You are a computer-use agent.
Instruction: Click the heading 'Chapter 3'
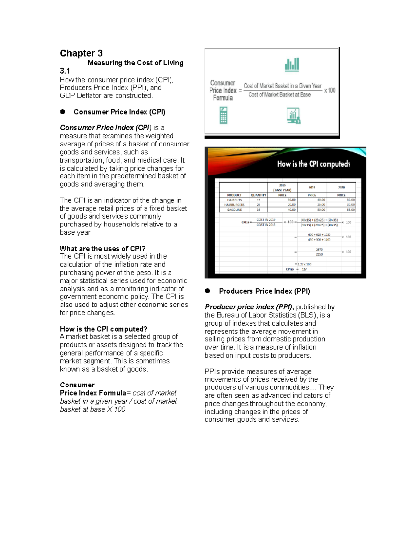pyautogui.click(x=81, y=53)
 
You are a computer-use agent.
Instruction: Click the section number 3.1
pyautogui.click(x=65, y=71)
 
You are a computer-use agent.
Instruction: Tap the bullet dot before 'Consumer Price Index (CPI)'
pyautogui.click(x=63, y=112)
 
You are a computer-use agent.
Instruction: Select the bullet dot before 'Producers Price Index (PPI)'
pyautogui.click(x=207, y=291)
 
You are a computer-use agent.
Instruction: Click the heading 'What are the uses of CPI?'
pyautogui.click(x=102, y=249)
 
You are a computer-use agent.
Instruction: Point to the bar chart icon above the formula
pyautogui.click(x=292, y=65)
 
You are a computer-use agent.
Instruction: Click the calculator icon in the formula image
pyautogui.click(x=224, y=116)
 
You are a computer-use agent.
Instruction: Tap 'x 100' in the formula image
pyautogui.click(x=329, y=90)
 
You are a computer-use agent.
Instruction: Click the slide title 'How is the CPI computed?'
pyautogui.click(x=313, y=164)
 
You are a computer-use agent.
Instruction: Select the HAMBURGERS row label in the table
pyautogui.click(x=234, y=205)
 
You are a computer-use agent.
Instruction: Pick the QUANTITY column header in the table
pyautogui.click(x=258, y=195)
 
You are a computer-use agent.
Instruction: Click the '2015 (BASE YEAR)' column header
pyautogui.click(x=282, y=188)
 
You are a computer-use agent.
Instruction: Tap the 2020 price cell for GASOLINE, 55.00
pyautogui.click(x=350, y=210)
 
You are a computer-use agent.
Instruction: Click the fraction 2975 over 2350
pyautogui.click(x=319, y=252)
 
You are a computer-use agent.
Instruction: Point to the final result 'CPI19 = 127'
pyautogui.click(x=296, y=269)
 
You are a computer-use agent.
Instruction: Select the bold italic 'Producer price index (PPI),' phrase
pyautogui.click(x=249, y=307)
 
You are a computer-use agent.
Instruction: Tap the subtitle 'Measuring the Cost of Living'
pyautogui.click(x=135, y=63)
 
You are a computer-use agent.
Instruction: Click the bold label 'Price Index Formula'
pyautogui.click(x=93, y=393)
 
